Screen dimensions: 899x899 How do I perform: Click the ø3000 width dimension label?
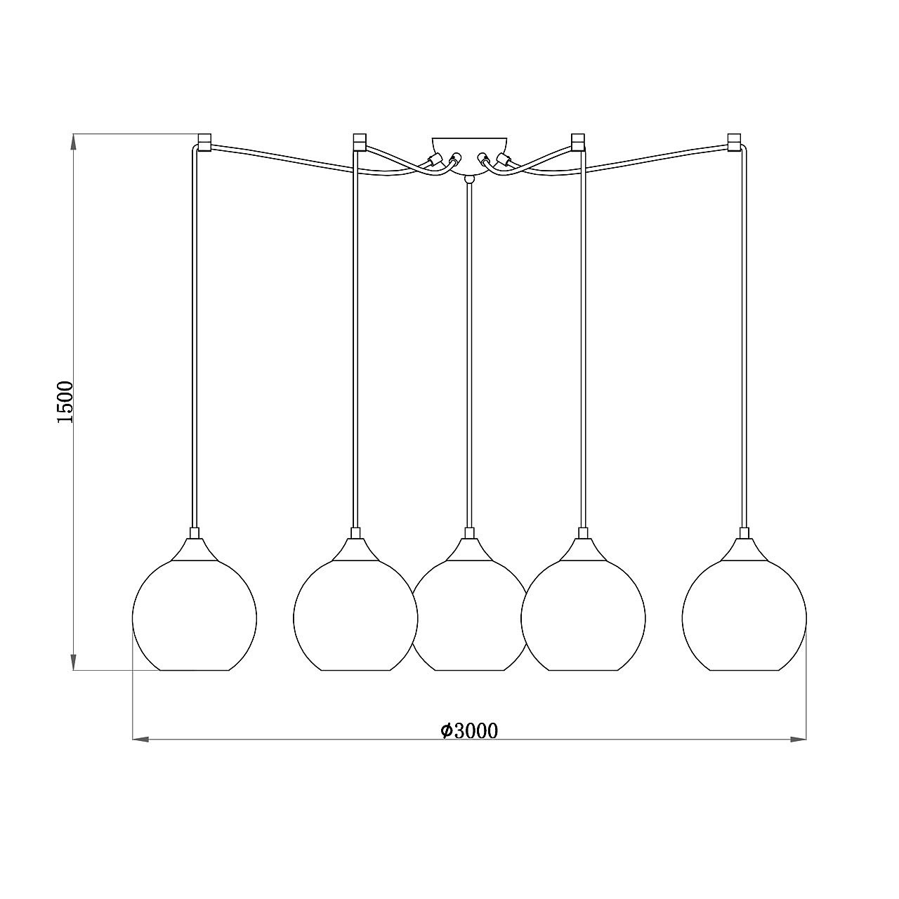469,731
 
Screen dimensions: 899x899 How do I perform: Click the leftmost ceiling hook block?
205,143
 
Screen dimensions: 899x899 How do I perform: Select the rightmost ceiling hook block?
734,143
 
